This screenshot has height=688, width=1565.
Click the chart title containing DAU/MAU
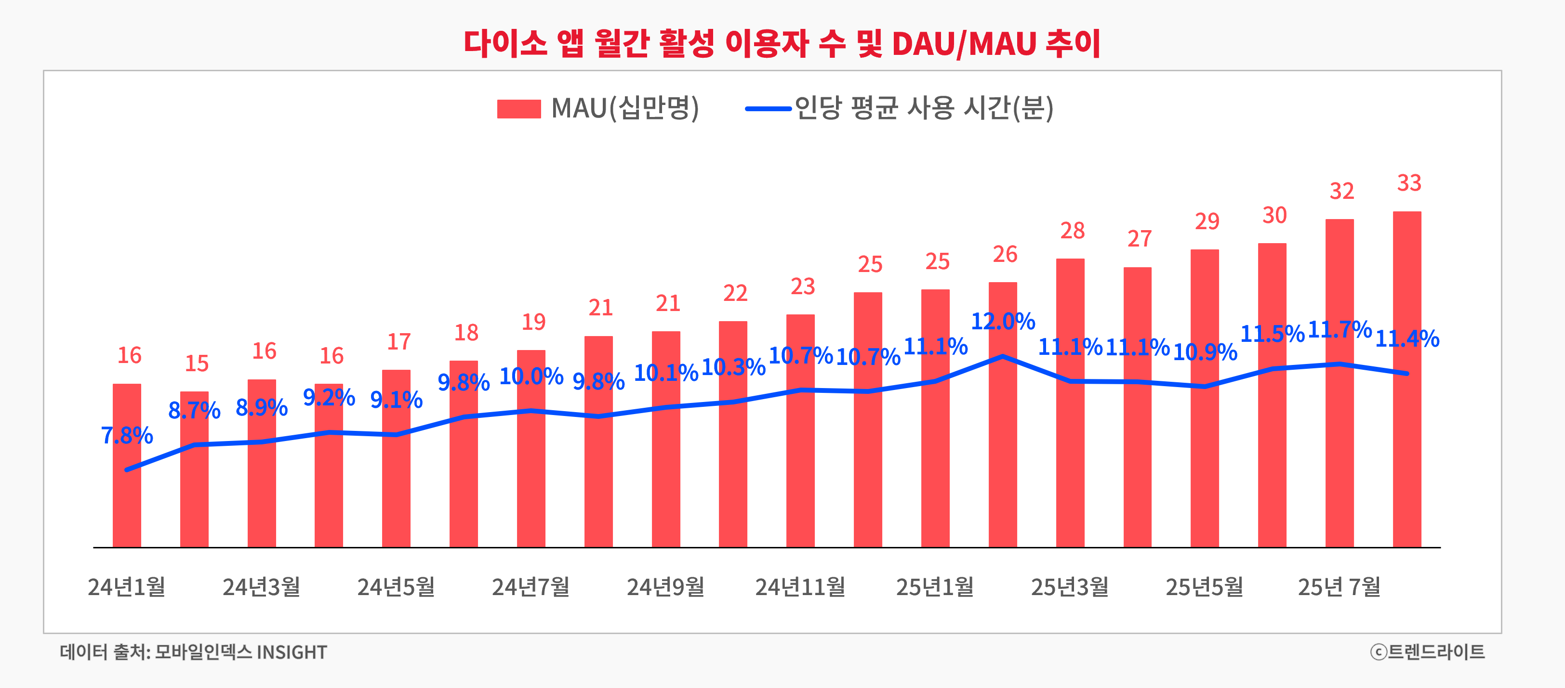[x=782, y=44]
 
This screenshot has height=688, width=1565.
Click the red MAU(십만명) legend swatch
[x=518, y=109]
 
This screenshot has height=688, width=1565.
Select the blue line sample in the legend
[x=768, y=109]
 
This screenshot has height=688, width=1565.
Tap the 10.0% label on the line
[x=531, y=376]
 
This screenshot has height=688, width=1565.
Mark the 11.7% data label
[x=1339, y=330]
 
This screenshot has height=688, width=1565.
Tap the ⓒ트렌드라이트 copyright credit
[x=1427, y=651]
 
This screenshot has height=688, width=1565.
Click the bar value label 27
[x=1139, y=239]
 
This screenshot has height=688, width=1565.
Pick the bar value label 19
[x=533, y=322]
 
